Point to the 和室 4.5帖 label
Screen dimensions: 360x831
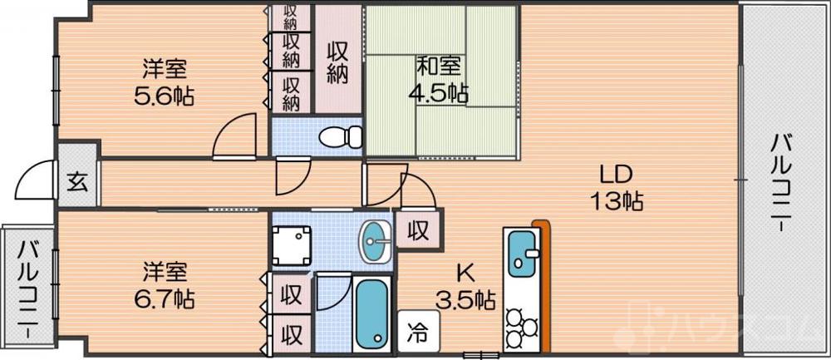[436, 79]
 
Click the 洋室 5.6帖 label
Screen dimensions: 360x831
[164, 81]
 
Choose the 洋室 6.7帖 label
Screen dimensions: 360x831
[164, 284]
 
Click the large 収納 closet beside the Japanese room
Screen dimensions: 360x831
[337, 62]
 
